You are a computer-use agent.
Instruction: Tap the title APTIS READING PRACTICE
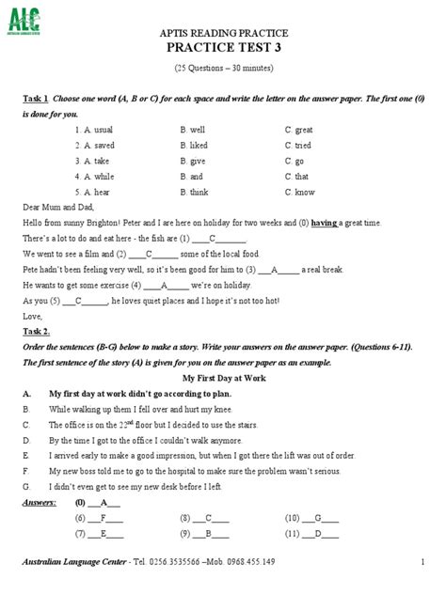(222, 32)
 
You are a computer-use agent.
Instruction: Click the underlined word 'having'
(325, 223)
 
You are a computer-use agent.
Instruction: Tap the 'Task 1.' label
(36, 99)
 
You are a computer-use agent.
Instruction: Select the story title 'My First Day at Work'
(222, 377)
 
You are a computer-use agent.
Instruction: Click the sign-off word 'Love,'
(31, 316)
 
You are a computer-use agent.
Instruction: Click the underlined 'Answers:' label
(39, 502)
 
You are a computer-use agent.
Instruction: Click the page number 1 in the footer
(422, 561)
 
